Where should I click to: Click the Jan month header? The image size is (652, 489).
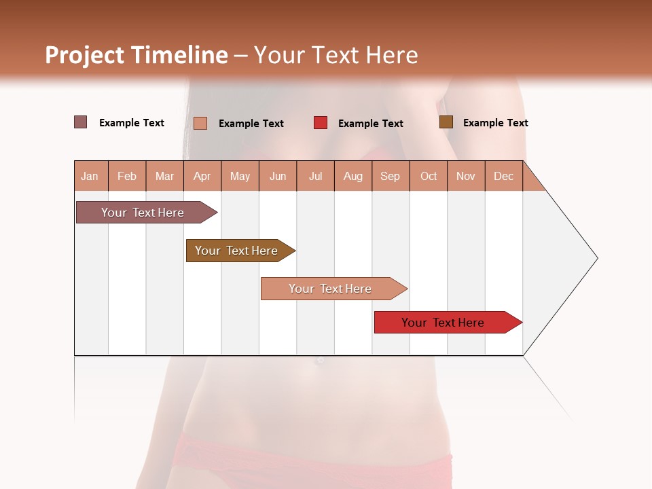pyautogui.click(x=90, y=177)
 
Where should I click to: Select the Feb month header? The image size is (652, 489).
pyautogui.click(x=127, y=177)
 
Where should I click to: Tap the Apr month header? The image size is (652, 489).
pyautogui.click(x=202, y=177)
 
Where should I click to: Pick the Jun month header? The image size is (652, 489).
pyautogui.click(x=278, y=177)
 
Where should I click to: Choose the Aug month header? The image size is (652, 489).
pyautogui.click(x=352, y=177)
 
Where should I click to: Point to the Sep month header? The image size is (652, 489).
pyautogui.click(x=390, y=177)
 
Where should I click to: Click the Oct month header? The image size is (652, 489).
pyautogui.click(x=429, y=177)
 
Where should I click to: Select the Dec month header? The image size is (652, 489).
pyautogui.click(x=503, y=177)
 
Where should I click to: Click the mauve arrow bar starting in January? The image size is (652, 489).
pyautogui.click(x=143, y=213)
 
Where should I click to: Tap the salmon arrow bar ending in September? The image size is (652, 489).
pyautogui.click(x=330, y=289)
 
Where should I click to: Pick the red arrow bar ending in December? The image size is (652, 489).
pyautogui.click(x=443, y=323)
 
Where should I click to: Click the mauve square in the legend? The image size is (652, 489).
pyautogui.click(x=80, y=122)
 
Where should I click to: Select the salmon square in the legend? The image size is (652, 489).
pyautogui.click(x=200, y=123)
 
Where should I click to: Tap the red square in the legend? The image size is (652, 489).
pyautogui.click(x=320, y=123)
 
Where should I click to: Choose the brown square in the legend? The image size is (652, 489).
pyautogui.click(x=446, y=122)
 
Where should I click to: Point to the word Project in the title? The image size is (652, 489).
pyautogui.click(x=85, y=55)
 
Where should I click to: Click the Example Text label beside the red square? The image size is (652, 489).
pyautogui.click(x=371, y=124)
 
